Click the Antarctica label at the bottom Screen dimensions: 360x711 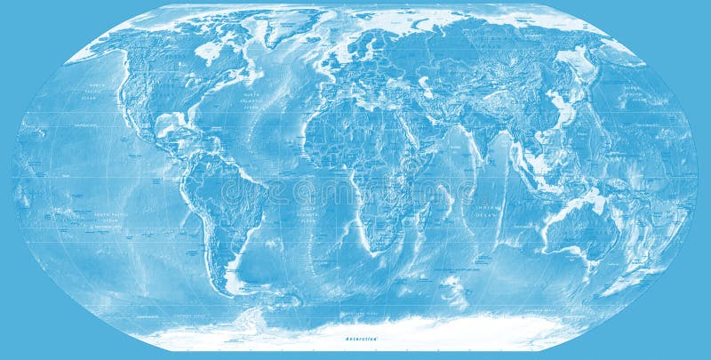[x=363, y=339]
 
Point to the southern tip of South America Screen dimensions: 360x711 [x=229, y=288]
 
